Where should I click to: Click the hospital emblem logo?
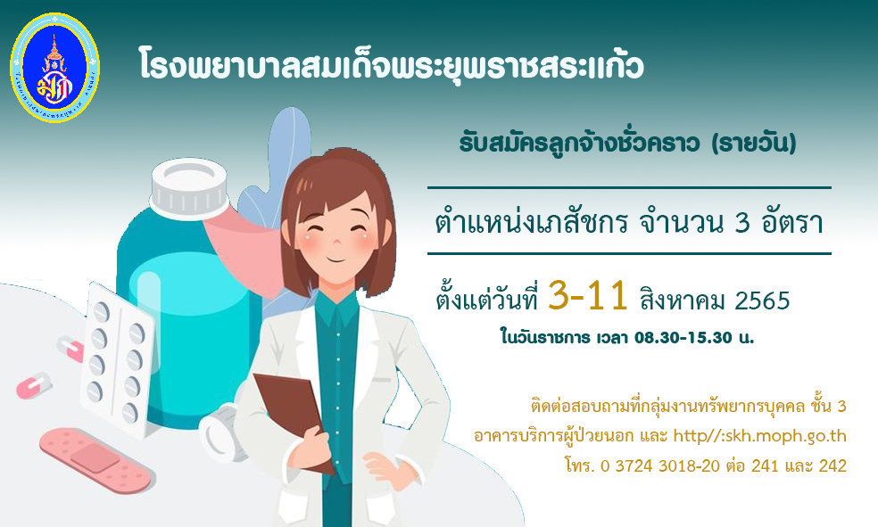pyautogui.click(x=54, y=67)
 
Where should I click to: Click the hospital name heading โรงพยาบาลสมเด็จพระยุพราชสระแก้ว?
pyautogui.click(x=392, y=66)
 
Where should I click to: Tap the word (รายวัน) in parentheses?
pyautogui.click(x=753, y=144)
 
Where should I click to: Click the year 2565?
pyautogui.click(x=762, y=301)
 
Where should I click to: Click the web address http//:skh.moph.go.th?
pyautogui.click(x=759, y=436)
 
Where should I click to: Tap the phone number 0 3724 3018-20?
pyautogui.click(x=659, y=465)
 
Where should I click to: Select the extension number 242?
pyautogui.click(x=832, y=465)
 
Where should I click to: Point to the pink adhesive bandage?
pyautogui.click(x=96, y=460)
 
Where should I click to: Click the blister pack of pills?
pyautogui.click(x=117, y=358)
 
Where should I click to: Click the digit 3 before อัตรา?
pyautogui.click(x=742, y=223)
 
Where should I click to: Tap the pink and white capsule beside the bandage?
pyautogui.click(x=34, y=386)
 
